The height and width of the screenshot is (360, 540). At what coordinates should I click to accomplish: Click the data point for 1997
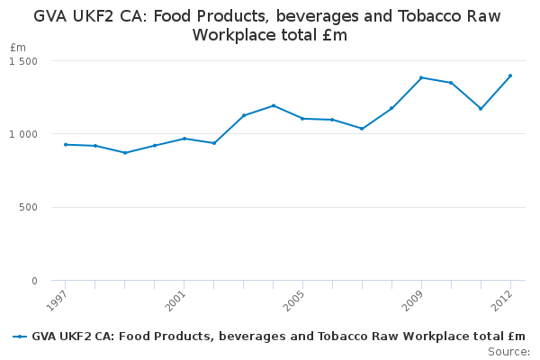click(66, 144)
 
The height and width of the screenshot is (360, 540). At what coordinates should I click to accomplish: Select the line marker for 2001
click(184, 139)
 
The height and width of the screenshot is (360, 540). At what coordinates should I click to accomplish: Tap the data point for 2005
click(302, 119)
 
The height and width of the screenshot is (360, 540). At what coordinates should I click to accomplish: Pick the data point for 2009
click(421, 77)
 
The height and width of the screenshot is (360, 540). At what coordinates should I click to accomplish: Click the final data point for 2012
click(510, 76)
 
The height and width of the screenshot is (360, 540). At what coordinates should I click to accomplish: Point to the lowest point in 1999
click(125, 153)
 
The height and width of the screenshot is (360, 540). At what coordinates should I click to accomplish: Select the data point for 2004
click(274, 105)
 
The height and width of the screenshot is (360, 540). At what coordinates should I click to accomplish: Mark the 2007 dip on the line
click(362, 129)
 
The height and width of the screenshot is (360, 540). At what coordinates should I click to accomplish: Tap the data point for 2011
click(481, 109)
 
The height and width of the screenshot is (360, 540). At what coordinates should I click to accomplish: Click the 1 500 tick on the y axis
click(23, 61)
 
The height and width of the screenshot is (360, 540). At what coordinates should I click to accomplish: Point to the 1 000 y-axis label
click(23, 134)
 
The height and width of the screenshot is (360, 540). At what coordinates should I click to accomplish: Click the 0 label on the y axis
click(34, 281)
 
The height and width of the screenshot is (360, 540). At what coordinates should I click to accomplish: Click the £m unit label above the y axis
click(19, 47)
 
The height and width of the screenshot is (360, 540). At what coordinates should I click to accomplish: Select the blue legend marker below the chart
click(20, 337)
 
